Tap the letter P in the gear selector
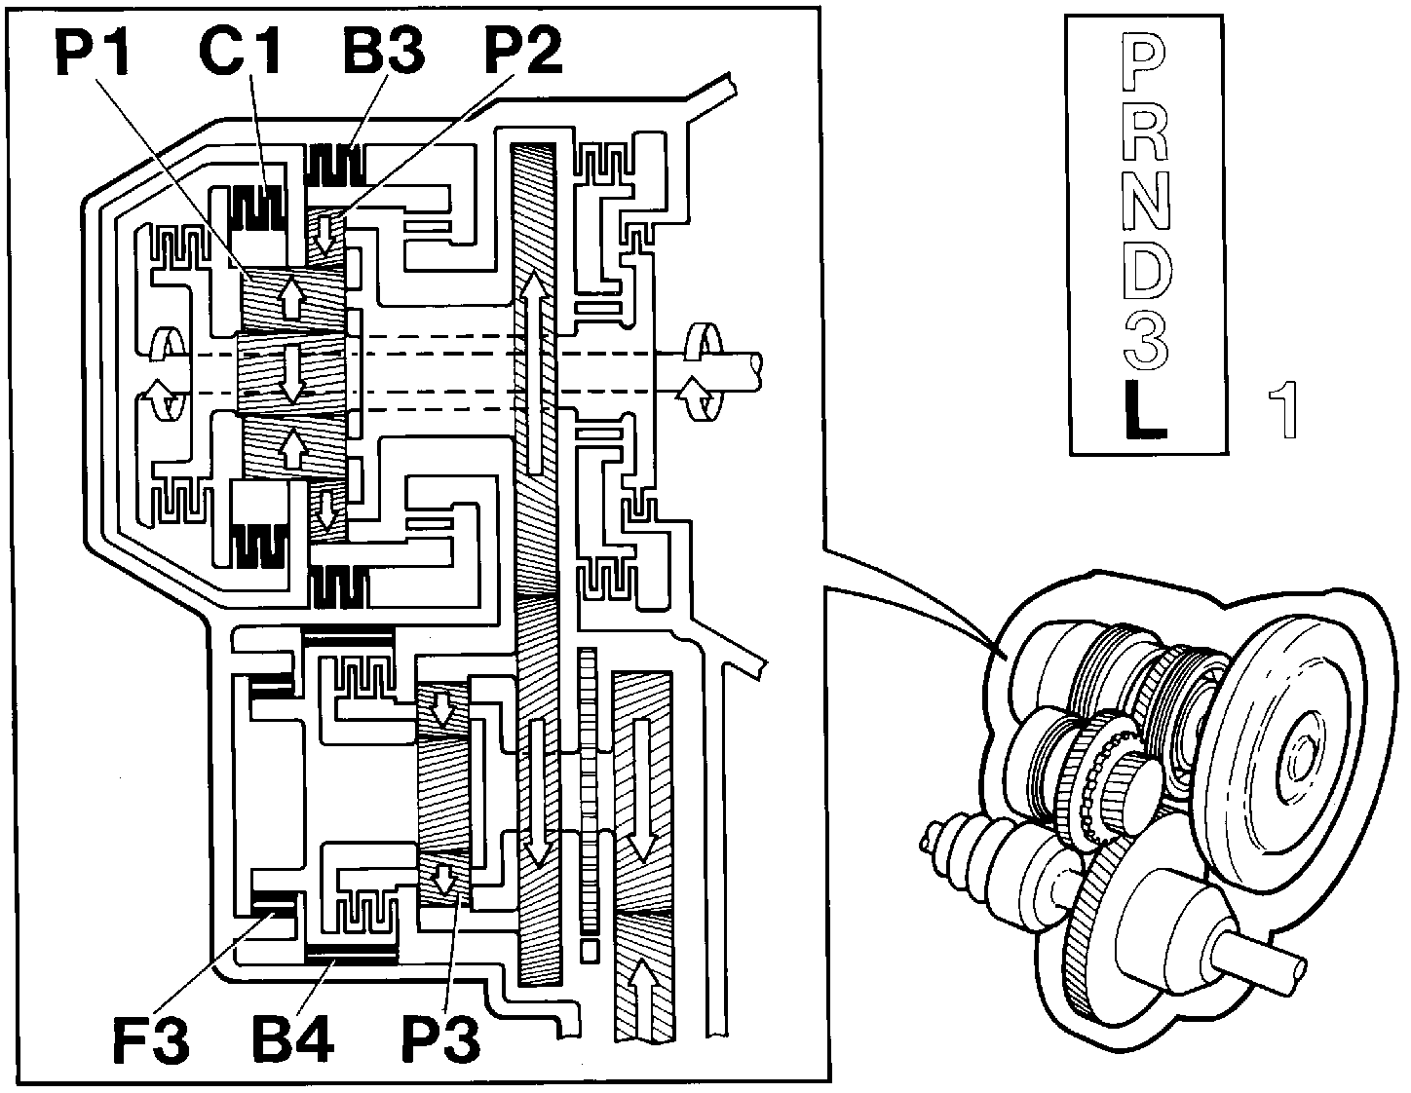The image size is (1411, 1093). click(x=1144, y=63)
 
